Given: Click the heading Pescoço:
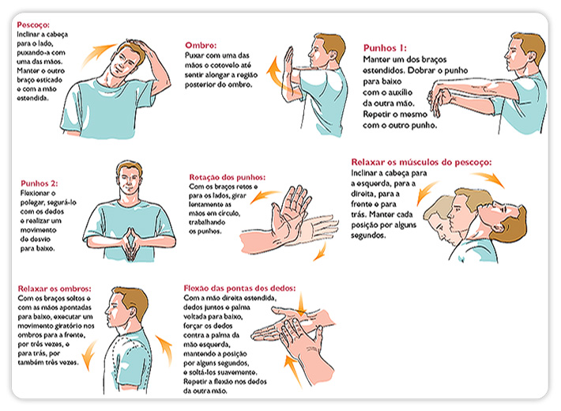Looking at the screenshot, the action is tap(33, 25).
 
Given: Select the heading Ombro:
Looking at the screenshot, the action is tap(201, 46).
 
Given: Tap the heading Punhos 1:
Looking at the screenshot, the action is tap(385, 48).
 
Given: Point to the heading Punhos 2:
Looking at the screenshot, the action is tap(39, 183).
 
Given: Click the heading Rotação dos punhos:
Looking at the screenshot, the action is tap(228, 177).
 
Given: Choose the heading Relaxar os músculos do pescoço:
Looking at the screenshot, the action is tap(421, 162).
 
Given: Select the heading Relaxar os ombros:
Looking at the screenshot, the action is tap(55, 288).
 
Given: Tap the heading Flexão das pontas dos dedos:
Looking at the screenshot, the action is tap(239, 288).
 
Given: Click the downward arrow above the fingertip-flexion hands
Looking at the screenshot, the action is tap(301, 304).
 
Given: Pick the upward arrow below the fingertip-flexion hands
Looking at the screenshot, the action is tap(293, 371).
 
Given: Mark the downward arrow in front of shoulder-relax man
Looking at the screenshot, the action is tap(88, 354).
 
